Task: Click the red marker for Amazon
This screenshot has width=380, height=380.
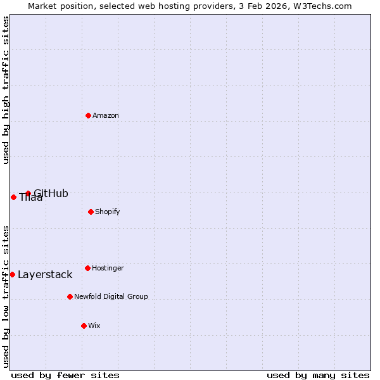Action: (88, 115)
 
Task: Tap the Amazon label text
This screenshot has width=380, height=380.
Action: (105, 116)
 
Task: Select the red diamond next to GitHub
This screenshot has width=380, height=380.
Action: (28, 193)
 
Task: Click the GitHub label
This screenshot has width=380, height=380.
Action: (51, 194)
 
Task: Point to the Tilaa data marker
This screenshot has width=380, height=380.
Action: (13, 197)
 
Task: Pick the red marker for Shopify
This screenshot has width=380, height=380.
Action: (91, 212)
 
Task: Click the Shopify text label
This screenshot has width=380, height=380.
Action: (107, 212)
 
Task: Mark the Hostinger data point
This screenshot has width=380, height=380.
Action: (87, 268)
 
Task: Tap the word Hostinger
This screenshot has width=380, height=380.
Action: (108, 269)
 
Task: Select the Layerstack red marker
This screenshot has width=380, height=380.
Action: (12, 274)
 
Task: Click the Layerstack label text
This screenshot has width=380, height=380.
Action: (45, 275)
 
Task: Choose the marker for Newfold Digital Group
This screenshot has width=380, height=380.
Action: (70, 296)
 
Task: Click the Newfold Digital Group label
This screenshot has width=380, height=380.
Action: (111, 297)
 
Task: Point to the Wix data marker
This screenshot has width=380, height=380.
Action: (84, 326)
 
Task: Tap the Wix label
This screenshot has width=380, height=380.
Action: (94, 326)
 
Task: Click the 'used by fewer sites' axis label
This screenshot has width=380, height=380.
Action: (65, 375)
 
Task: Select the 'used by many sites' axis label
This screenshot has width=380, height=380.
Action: (318, 375)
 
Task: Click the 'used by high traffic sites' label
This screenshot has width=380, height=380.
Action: (6, 90)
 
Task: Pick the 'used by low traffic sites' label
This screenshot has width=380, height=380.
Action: (6, 296)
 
